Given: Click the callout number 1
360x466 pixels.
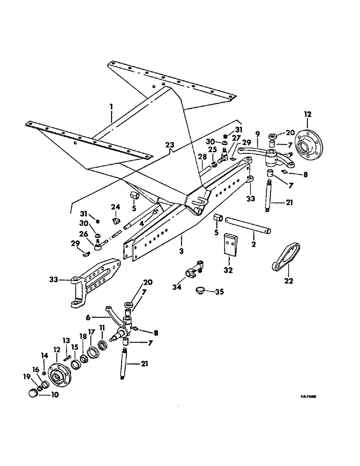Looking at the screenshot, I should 111,107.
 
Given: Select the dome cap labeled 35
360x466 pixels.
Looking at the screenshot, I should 201,291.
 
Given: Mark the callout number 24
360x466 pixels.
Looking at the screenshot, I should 115,207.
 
